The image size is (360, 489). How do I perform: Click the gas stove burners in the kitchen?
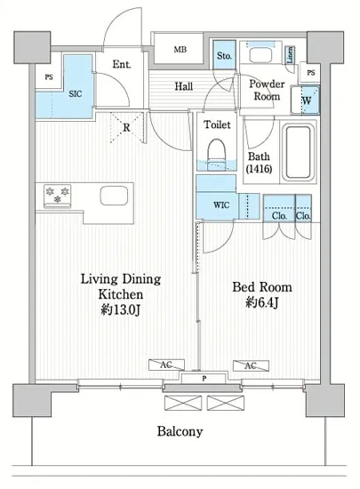coord(58,196)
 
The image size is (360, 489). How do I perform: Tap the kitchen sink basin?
coord(114,196)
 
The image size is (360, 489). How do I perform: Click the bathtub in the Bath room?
coord(298,152)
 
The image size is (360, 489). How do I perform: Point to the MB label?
coord(180,49)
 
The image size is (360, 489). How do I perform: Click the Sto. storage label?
coord(224,56)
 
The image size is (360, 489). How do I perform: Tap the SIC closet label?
coord(76,93)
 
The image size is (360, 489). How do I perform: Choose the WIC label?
coord(221,204)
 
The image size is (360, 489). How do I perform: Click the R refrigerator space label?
coord(126,127)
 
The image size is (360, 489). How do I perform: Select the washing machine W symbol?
coord(306,100)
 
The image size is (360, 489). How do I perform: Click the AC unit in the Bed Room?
coord(251,365)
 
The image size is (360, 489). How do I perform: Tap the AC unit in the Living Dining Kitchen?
coord(166,365)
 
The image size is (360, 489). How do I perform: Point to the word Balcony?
coord(180,431)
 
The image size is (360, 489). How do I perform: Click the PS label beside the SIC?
coord(49,77)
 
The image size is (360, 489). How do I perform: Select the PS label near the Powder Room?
coord(311,73)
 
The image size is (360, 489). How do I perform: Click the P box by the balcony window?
coord(204,379)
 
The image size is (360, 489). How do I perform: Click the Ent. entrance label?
coord(122,64)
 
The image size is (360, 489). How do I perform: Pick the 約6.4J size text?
coord(262,302)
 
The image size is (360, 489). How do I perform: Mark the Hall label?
coord(184,86)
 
